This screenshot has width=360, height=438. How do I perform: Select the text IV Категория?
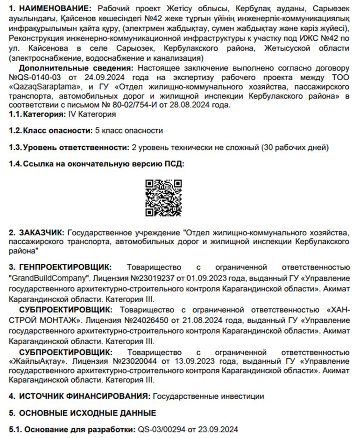click(92, 114)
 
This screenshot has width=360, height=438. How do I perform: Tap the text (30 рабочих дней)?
click(295, 148)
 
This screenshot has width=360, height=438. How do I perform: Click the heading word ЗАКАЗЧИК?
click(40, 232)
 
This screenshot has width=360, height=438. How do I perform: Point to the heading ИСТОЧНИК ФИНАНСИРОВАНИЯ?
click(85, 396)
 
